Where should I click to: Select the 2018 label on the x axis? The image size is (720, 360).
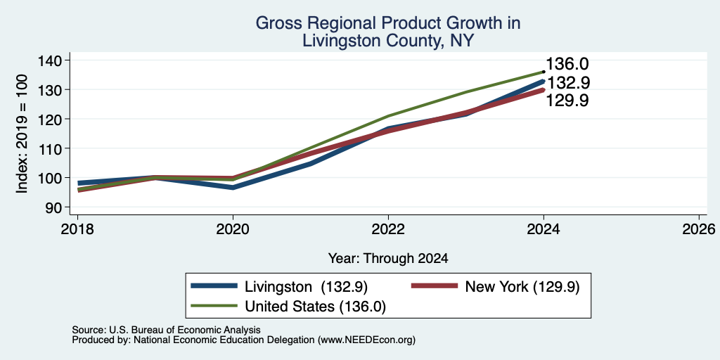[77, 229]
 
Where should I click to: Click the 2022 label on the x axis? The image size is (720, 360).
[388, 229]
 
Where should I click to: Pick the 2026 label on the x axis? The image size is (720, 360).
[700, 229]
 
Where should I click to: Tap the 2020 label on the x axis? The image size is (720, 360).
[233, 229]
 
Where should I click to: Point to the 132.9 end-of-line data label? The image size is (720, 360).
[568, 83]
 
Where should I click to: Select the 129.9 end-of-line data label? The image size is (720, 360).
[568, 101]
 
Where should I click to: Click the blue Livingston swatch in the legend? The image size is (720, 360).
[214, 286]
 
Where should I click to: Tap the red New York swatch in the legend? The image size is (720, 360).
[435, 286]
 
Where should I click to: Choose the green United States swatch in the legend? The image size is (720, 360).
[214, 306]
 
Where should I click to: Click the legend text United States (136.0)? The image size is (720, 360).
[316, 307]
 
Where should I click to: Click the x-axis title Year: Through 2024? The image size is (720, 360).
[388, 259]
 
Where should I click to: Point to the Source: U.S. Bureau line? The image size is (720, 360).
[166, 330]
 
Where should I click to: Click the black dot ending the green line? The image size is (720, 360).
[544, 72]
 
